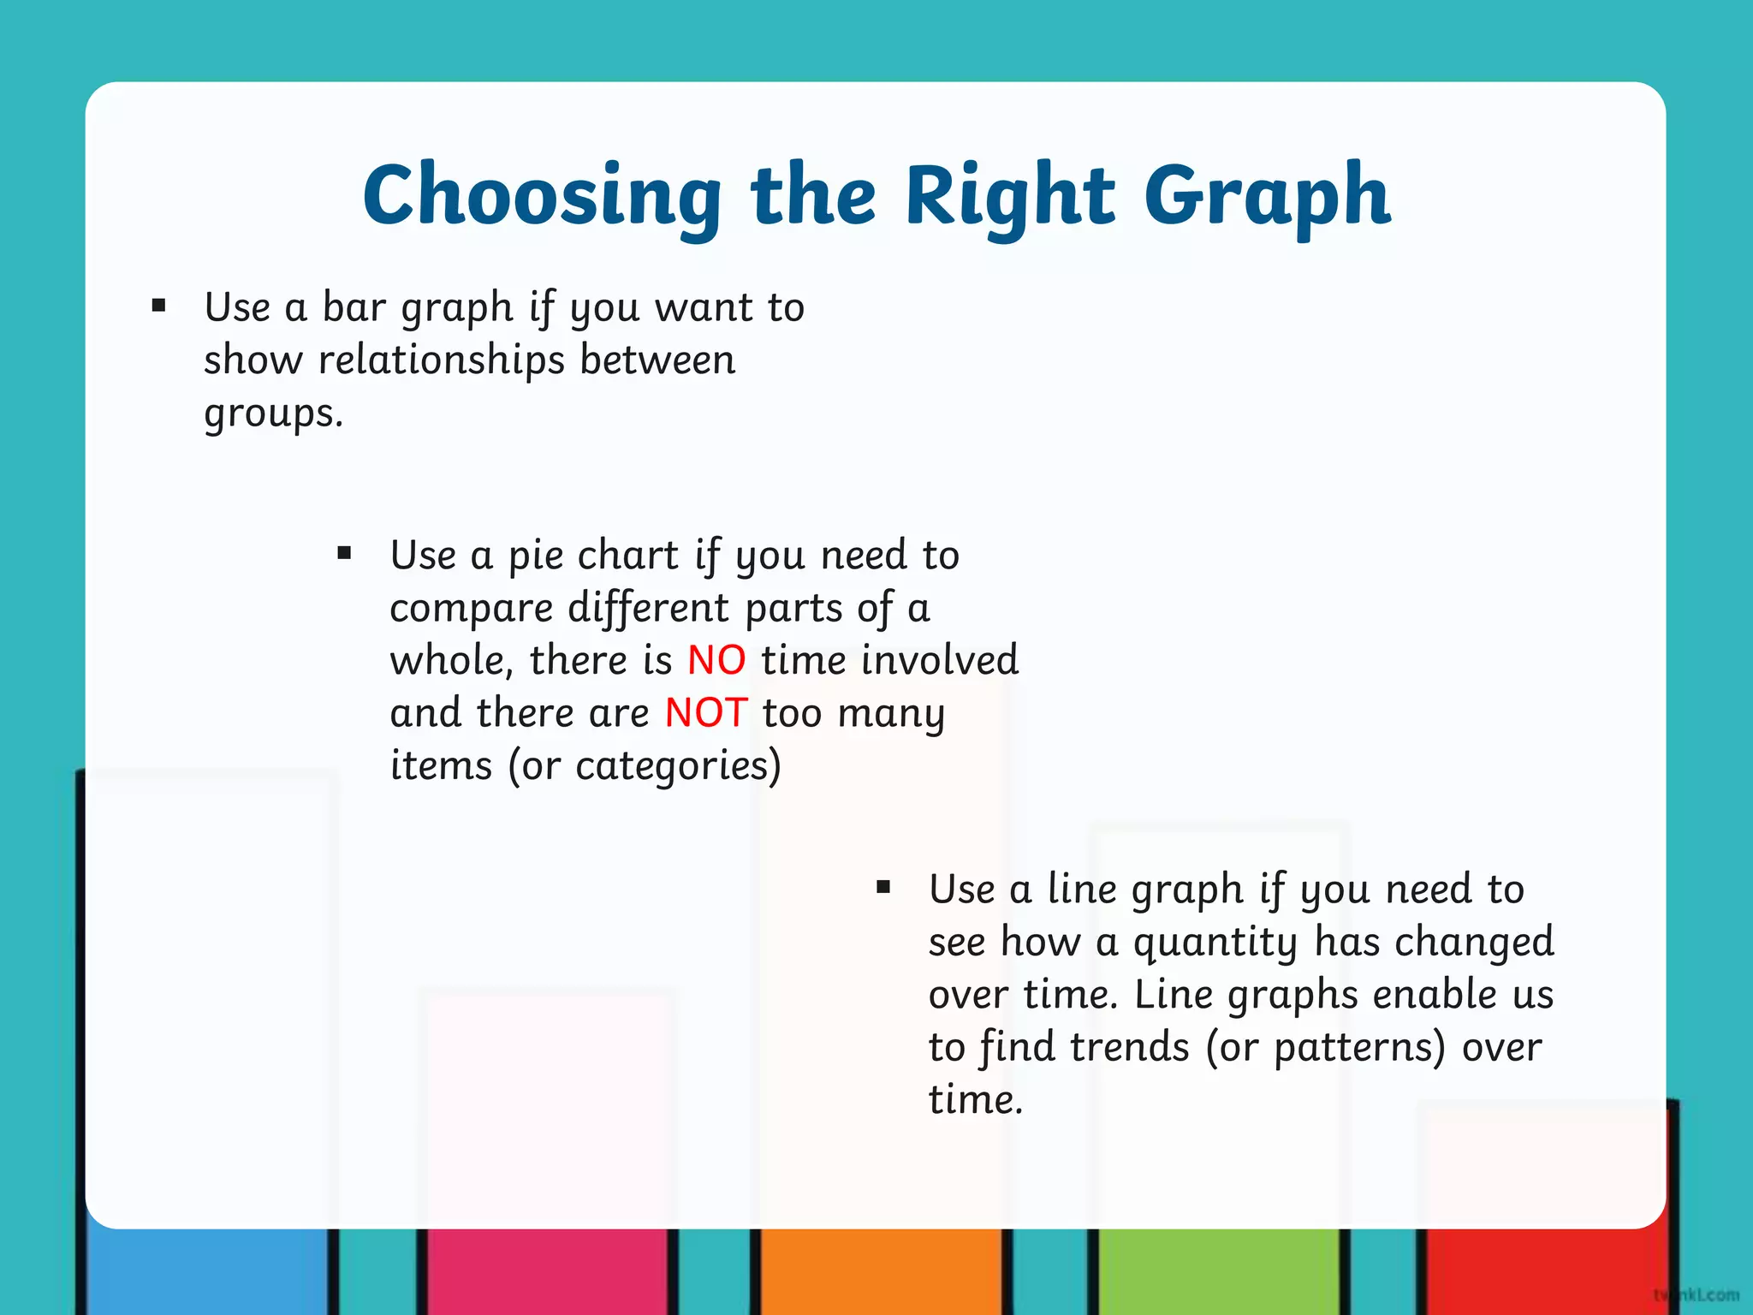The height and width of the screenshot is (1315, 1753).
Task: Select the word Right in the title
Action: [x=1010, y=197]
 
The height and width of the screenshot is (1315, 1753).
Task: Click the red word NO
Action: [x=716, y=661]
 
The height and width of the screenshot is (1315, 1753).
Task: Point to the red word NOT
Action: [x=706, y=713]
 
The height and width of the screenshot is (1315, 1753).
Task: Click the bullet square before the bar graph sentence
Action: [x=158, y=306]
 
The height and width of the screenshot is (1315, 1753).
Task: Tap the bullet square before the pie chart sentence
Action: [x=344, y=553]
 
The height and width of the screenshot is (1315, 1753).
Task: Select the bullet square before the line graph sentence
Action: [x=883, y=887]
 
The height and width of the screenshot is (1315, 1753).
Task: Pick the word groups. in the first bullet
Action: [x=273, y=414]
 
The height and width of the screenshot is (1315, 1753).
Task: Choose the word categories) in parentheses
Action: [x=678, y=766]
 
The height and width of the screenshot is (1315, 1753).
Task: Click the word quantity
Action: [x=1215, y=943]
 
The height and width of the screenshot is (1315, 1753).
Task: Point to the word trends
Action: [x=1129, y=1047]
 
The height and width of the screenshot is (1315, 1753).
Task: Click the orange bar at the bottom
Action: [x=881, y=1271]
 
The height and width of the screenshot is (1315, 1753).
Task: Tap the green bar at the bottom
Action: [x=1217, y=1271]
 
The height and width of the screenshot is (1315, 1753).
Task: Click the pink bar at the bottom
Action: [x=548, y=1271]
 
